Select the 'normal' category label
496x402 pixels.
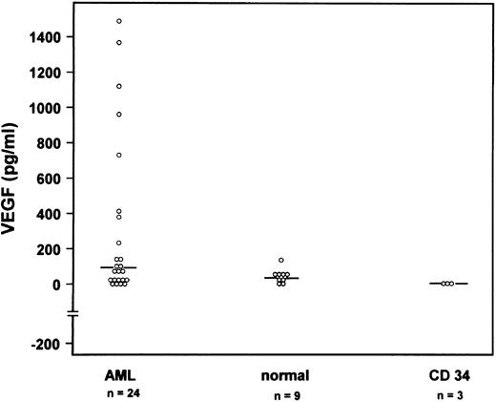coord(280,373)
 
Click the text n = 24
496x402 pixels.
coord(118,391)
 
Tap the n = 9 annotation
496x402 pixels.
coord(280,391)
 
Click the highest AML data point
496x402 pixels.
coord(118,21)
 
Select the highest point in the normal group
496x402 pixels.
coord(281,260)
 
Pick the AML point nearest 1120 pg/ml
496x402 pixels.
coord(118,86)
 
